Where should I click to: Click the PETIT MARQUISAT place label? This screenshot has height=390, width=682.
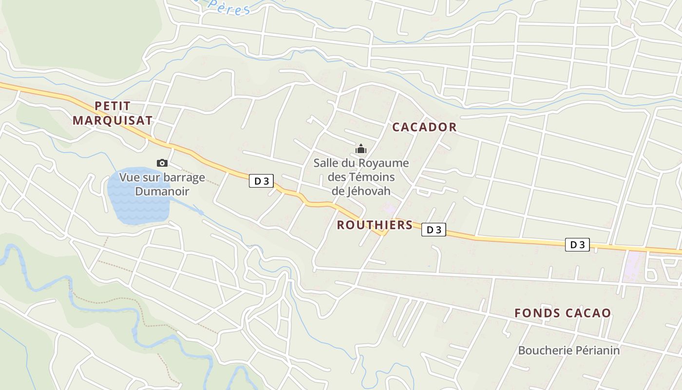[x=113, y=113]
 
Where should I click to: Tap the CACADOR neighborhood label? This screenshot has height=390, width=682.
[x=424, y=127]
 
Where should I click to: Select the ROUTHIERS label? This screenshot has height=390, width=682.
[x=375, y=225]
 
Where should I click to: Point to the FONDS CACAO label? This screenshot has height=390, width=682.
[x=563, y=313]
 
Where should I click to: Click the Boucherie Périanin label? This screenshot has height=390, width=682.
[x=568, y=350]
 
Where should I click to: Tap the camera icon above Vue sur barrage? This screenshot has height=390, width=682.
[x=162, y=163]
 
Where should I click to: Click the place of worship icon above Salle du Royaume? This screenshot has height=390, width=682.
[x=361, y=149]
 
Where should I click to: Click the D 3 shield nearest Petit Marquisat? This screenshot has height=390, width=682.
[x=261, y=181]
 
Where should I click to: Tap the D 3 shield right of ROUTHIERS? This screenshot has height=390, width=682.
[x=434, y=230]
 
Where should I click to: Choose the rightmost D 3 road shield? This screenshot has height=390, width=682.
[x=577, y=245]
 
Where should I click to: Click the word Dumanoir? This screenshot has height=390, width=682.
[x=162, y=191]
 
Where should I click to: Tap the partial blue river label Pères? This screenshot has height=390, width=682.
[x=229, y=7]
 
